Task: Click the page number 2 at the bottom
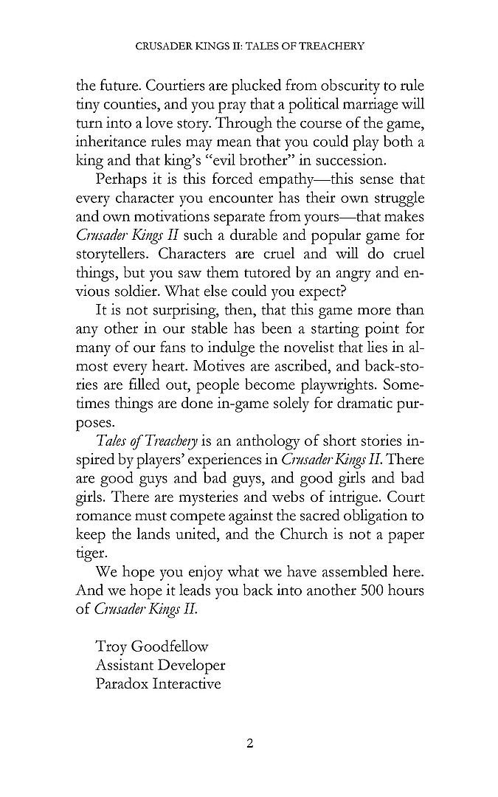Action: pyautogui.click(x=249, y=742)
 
